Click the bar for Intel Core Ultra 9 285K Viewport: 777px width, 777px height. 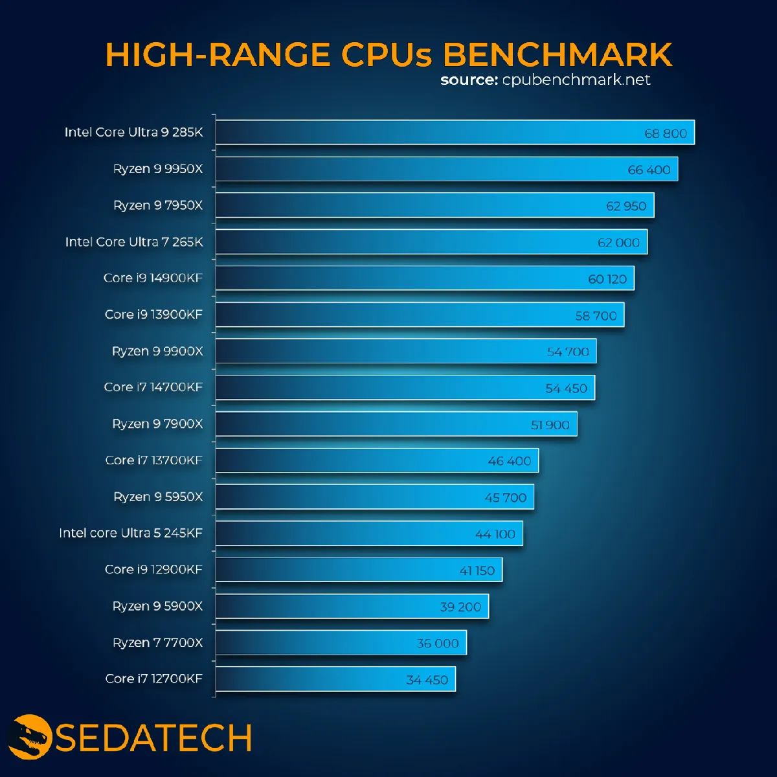pyautogui.click(x=453, y=133)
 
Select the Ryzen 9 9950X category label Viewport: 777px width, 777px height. pyautogui.click(x=158, y=169)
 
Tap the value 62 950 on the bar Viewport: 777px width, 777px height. pyautogui.click(x=626, y=206)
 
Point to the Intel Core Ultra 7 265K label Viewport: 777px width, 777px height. pyautogui.click(x=134, y=242)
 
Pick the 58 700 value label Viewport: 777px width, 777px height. pyautogui.click(x=596, y=316)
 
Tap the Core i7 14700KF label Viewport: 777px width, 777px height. pyautogui.click(x=153, y=387)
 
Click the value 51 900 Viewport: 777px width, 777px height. pyautogui.click(x=550, y=425)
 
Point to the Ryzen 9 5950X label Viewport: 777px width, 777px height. pyautogui.click(x=158, y=497)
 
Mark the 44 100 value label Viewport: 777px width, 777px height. pyautogui.click(x=495, y=534)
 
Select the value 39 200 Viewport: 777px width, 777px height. pyautogui.click(x=460, y=607)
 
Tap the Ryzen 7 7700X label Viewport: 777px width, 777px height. pyautogui.click(x=157, y=643)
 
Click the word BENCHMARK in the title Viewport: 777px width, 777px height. pyautogui.click(x=557, y=54)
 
